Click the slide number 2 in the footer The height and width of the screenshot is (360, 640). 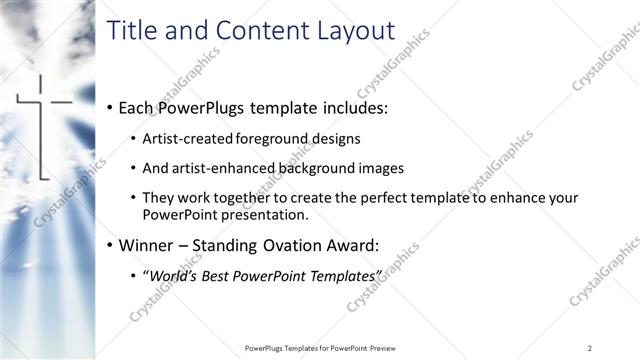pyautogui.click(x=591, y=347)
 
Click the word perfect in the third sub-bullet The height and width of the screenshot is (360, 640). pyautogui.click(x=376, y=198)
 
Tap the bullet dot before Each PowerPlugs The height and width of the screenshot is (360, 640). pyautogui.click(x=108, y=107)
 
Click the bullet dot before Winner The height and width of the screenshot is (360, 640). pyautogui.click(x=108, y=244)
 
